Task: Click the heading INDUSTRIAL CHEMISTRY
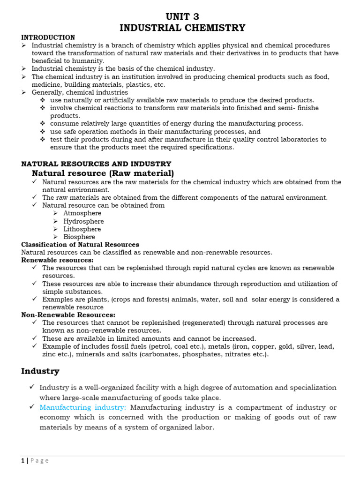182,28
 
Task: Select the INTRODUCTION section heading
48,37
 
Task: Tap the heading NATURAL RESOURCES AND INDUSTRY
96,164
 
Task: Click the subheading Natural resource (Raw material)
103,173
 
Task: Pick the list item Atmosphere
82,213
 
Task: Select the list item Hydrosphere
83,221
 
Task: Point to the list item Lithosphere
82,229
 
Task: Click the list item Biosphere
79,237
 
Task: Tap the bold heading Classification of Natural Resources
80,245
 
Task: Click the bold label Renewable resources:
57,260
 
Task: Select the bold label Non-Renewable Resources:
68,315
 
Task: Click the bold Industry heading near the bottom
40,371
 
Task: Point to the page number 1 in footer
22,461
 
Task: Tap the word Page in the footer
39,461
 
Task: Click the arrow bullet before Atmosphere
55,213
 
